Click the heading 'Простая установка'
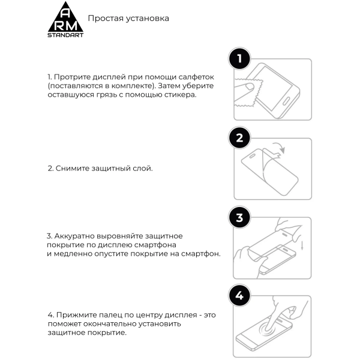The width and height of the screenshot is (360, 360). click(x=128, y=18)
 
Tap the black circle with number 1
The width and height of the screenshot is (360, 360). click(x=240, y=59)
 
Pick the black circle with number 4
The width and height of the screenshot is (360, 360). click(x=240, y=296)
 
